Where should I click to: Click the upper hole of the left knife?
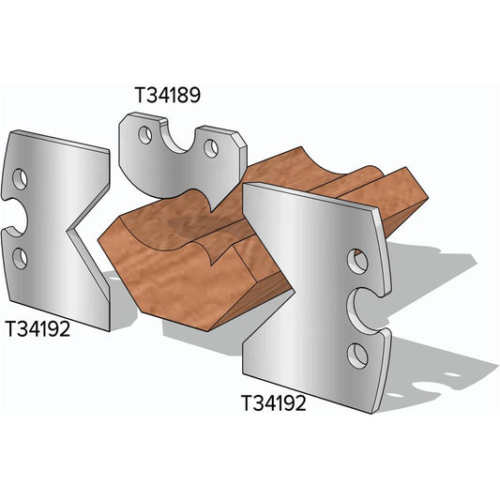click(x=21, y=178)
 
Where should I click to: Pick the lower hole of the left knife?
click(x=21, y=256)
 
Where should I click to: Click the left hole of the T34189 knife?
click(x=144, y=136)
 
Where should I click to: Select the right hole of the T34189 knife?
click(x=213, y=146)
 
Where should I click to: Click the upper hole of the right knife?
click(x=356, y=259)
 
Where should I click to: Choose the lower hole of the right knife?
click(x=356, y=353)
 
